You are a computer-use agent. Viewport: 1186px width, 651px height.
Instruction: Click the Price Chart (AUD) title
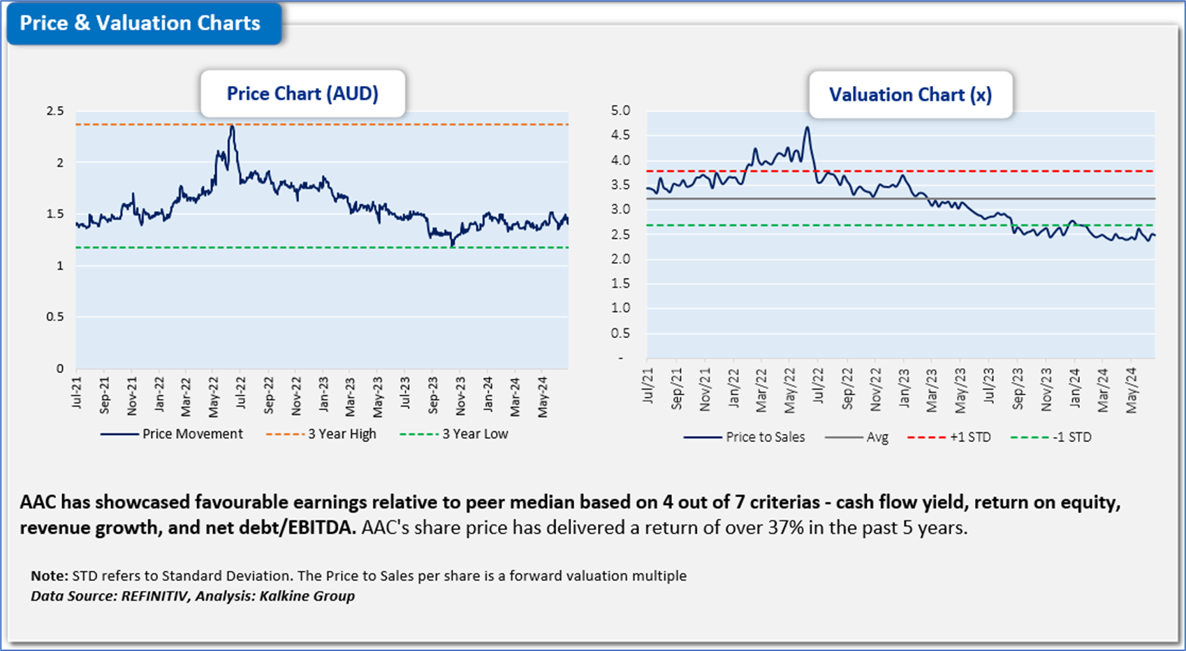tap(302, 94)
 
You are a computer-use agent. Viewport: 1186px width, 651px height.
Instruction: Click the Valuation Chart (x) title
tap(910, 95)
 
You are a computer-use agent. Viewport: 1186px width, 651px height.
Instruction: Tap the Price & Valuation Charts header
tap(140, 23)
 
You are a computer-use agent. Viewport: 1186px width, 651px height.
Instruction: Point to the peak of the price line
tap(232, 126)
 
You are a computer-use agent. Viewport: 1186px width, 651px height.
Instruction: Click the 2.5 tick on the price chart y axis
tap(55, 111)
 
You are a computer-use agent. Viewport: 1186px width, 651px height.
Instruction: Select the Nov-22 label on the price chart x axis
tap(296, 395)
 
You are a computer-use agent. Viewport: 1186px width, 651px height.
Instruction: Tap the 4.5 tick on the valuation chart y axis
tap(620, 135)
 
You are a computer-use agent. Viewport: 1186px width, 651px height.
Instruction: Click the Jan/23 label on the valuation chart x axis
tap(904, 388)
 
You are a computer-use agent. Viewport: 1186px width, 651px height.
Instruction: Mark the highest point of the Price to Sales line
tap(807, 128)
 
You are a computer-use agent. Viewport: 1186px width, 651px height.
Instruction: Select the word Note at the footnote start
tap(48, 576)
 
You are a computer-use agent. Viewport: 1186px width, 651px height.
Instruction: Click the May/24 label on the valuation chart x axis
tap(1132, 390)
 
